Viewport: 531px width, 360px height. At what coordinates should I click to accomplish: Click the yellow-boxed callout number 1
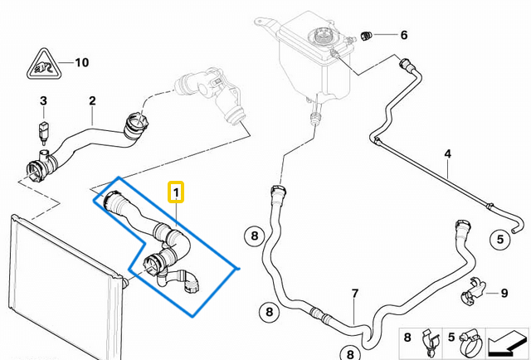[175, 193]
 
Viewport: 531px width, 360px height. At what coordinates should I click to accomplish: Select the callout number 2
[92, 101]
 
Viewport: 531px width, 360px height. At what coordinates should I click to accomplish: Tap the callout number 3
[43, 102]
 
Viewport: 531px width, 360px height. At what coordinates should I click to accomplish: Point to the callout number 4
[447, 153]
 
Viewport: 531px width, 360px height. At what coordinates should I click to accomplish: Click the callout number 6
[404, 35]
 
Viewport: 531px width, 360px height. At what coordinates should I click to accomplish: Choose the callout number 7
[354, 294]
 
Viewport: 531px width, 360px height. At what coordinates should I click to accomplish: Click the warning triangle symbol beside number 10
[41, 65]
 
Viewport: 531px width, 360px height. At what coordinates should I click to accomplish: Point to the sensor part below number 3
[43, 130]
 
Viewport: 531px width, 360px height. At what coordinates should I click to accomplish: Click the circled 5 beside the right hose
[500, 240]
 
